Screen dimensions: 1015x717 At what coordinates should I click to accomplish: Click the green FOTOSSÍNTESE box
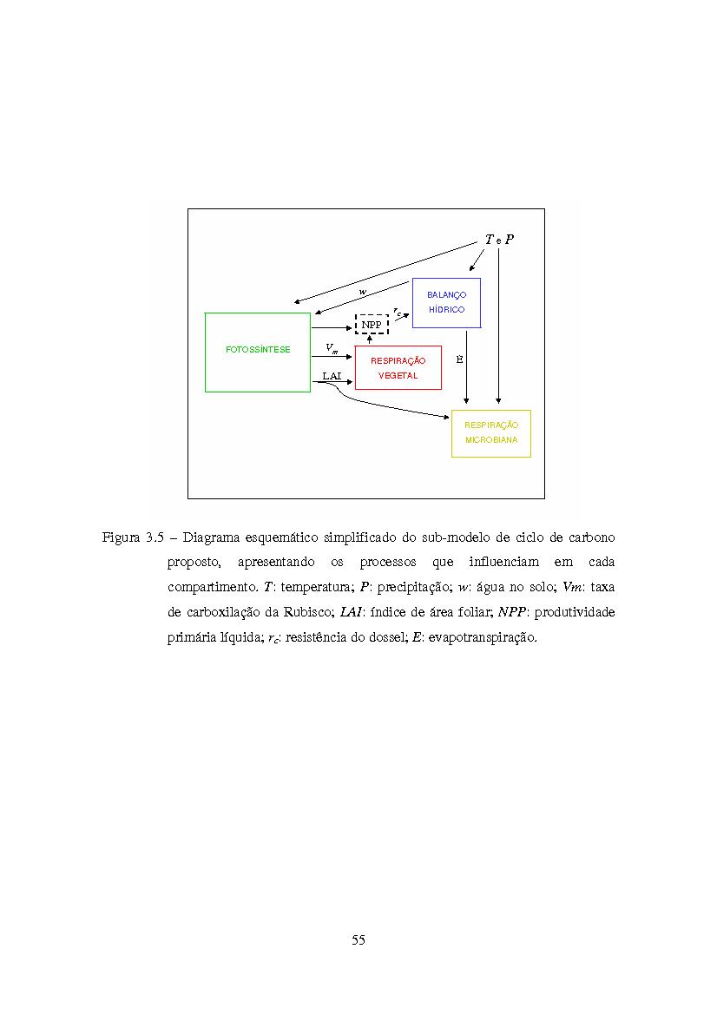point(257,352)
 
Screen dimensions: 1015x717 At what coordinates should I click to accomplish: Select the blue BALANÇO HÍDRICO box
point(446,302)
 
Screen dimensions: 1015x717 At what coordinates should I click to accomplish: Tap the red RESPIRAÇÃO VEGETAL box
point(398,367)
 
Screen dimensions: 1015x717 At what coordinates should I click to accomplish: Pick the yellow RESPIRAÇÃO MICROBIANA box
point(490,433)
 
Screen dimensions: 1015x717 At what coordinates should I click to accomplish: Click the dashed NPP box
point(372,325)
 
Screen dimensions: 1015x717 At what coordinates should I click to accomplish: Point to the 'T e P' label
point(498,240)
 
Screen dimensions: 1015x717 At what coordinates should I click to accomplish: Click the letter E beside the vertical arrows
point(459,358)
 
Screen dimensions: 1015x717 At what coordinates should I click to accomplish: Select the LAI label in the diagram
point(331,375)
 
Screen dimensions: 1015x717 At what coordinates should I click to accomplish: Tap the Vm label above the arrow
point(332,347)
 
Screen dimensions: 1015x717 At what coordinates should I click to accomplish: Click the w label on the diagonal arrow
point(362,291)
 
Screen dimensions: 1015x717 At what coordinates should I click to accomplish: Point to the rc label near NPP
point(397,309)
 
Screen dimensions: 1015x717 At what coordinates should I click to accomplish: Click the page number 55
point(358,939)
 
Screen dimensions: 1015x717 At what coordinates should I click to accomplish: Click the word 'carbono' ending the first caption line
point(589,537)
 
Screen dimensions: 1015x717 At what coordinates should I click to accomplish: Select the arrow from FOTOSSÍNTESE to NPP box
point(332,327)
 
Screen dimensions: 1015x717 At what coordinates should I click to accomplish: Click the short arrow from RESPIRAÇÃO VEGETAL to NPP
point(370,339)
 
